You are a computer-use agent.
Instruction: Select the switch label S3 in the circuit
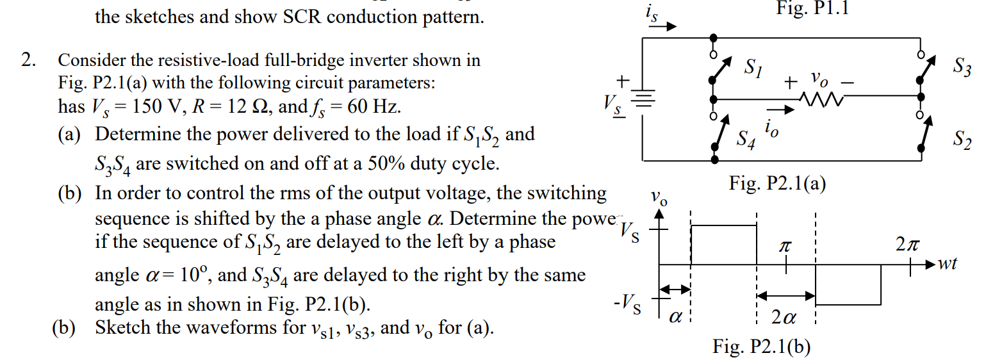pyautogui.click(x=961, y=67)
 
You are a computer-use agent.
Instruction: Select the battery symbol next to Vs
pyautogui.click(x=644, y=99)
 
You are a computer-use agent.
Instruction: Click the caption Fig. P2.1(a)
pyautogui.click(x=777, y=184)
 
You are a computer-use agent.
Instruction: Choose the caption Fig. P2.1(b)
pyautogui.click(x=762, y=347)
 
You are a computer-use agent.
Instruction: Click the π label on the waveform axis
pyautogui.click(x=786, y=246)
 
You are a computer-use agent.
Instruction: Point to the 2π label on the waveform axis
pyautogui.click(x=908, y=246)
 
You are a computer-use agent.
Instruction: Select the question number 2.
pyautogui.click(x=28, y=61)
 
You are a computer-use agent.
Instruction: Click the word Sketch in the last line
pyautogui.click(x=126, y=328)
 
